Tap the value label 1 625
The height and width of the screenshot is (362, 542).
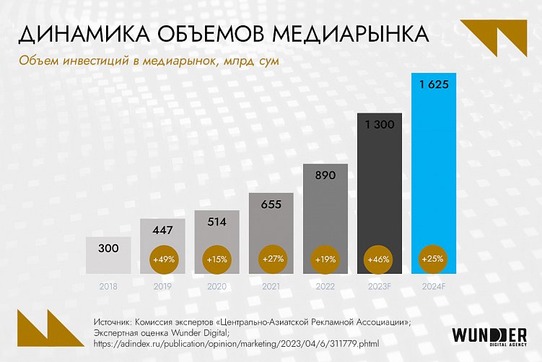click(x=434, y=85)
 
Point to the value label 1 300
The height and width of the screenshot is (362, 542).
click(x=380, y=124)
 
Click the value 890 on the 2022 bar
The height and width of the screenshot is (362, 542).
click(x=325, y=175)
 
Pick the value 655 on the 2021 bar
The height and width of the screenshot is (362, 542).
click(x=271, y=204)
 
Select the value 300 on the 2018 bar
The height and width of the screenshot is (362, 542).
click(x=108, y=249)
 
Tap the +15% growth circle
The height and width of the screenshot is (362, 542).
click(x=216, y=258)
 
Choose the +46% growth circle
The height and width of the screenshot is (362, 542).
click(x=380, y=258)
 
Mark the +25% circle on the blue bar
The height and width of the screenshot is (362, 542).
click(x=434, y=258)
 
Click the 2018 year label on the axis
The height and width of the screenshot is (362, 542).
click(x=108, y=286)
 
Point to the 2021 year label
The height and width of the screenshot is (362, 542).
click(x=271, y=286)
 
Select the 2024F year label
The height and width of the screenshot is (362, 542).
click(x=434, y=286)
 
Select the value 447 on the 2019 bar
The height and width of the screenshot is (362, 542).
click(x=162, y=229)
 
